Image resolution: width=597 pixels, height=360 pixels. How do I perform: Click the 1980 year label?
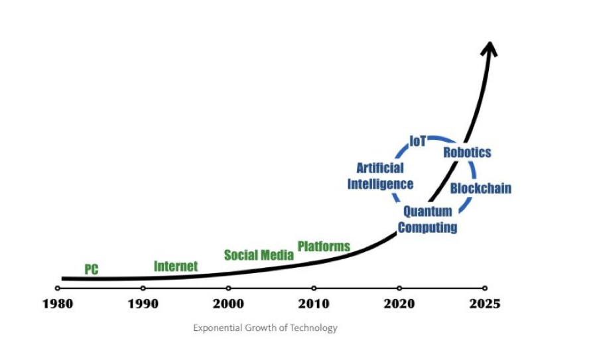tap(57, 304)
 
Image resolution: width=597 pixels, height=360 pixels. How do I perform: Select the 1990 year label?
tap(143, 304)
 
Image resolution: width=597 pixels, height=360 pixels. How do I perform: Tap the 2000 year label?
tap(228, 304)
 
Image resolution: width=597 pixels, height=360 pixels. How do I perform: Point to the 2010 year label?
tap(314, 304)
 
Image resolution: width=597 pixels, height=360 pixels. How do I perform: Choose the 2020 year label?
tap(399, 304)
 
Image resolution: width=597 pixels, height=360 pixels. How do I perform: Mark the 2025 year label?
tap(485, 304)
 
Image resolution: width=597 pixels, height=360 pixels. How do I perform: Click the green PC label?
tap(92, 269)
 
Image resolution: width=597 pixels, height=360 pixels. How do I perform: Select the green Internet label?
tap(176, 266)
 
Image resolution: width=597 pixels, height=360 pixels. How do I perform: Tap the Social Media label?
tap(259, 255)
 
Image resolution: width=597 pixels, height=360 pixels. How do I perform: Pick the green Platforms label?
tap(324, 246)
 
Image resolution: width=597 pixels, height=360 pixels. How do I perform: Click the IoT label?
tap(418, 140)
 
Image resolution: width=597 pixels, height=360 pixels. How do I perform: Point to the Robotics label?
tap(467, 152)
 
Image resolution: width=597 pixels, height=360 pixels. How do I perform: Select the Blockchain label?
tap(480, 188)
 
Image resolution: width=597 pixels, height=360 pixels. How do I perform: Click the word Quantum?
tap(428, 211)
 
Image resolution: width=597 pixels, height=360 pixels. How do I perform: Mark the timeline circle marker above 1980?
tap(57, 288)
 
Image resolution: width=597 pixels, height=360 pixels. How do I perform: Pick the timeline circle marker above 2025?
tap(485, 288)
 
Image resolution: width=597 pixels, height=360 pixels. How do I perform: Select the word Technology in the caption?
tap(315, 328)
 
